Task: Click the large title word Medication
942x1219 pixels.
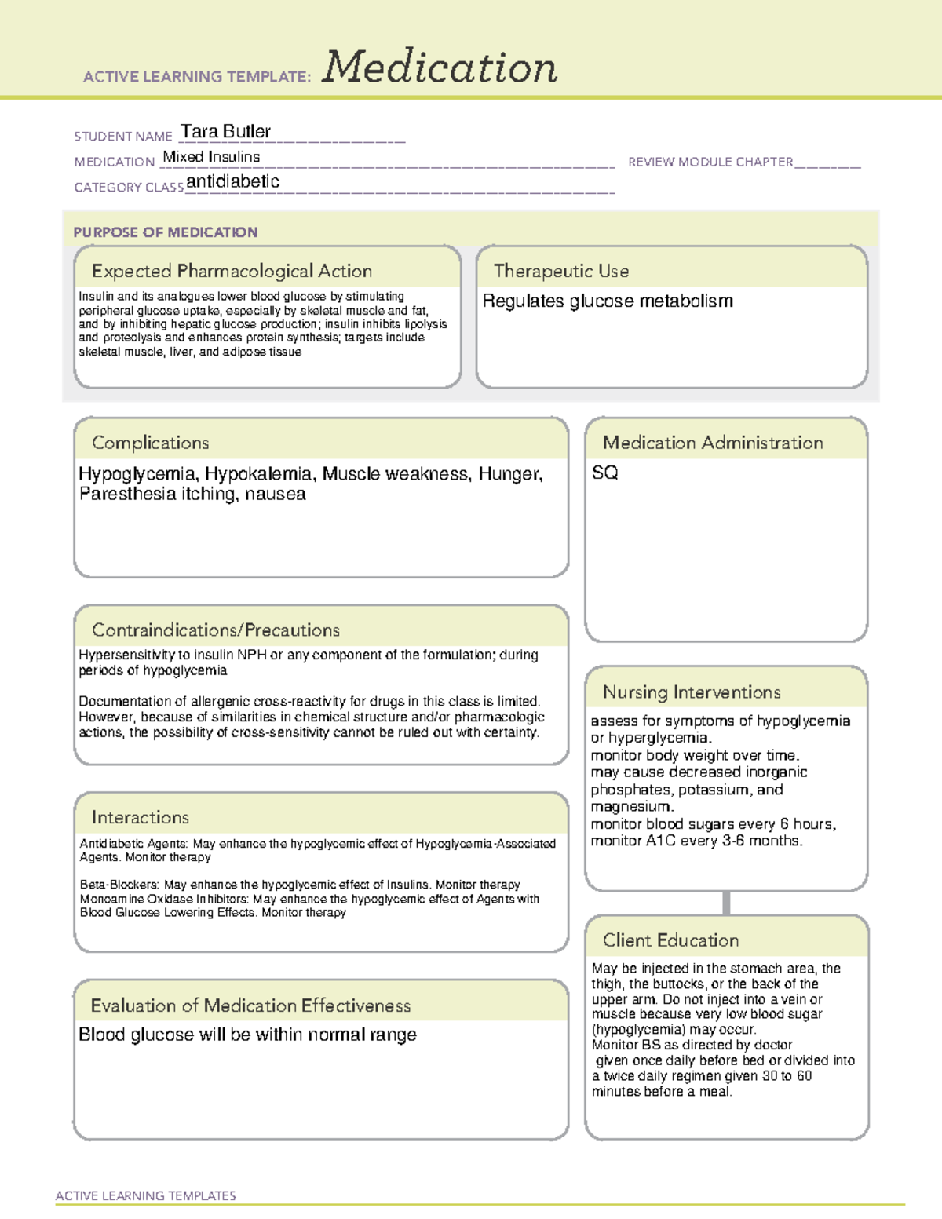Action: coord(440,68)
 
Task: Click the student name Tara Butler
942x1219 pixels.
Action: coord(225,131)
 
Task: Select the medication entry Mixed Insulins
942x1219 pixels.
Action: coord(211,157)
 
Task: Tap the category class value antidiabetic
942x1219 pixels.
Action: coord(232,181)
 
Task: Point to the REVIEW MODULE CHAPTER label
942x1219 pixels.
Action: coord(710,162)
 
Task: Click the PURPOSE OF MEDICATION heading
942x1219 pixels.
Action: coord(166,232)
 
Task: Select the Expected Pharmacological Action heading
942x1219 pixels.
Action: coord(232,271)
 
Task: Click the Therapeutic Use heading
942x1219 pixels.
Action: coord(561,271)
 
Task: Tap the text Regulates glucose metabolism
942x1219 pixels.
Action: coord(608,301)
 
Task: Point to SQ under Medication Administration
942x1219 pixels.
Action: coord(604,473)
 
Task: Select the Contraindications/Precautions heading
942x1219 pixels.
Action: coord(216,630)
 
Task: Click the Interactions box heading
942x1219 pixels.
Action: coord(140,817)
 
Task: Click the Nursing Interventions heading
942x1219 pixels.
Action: coord(692,692)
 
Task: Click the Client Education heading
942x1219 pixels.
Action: coord(670,940)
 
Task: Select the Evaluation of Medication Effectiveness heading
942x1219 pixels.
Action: coord(250,1005)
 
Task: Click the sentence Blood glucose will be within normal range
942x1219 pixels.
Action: coord(247,1035)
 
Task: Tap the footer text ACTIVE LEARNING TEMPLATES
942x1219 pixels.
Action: coord(146,1195)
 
